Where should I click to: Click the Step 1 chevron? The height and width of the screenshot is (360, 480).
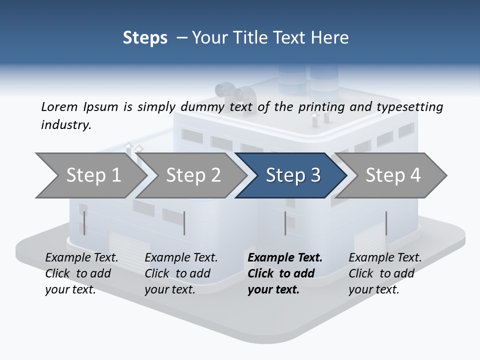93,175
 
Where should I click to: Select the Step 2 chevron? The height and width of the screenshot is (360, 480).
193,175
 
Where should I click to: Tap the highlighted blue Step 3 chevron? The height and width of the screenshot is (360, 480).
292,175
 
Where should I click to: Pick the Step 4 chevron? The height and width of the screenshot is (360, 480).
392,175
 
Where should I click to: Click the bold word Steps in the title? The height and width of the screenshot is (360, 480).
145,38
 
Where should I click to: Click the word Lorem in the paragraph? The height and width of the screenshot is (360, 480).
59,107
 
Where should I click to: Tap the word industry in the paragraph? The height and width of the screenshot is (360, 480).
65,125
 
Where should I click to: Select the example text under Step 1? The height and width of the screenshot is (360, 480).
81,273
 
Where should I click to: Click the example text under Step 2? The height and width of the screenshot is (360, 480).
181,273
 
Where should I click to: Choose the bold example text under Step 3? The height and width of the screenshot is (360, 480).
285,273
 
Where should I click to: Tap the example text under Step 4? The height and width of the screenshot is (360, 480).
385,273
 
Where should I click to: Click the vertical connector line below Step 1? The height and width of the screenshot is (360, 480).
84,223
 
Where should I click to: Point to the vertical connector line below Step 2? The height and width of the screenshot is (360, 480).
184,223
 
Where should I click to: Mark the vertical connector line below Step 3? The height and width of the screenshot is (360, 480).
285,223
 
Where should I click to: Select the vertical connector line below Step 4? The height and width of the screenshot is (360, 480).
386,223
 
